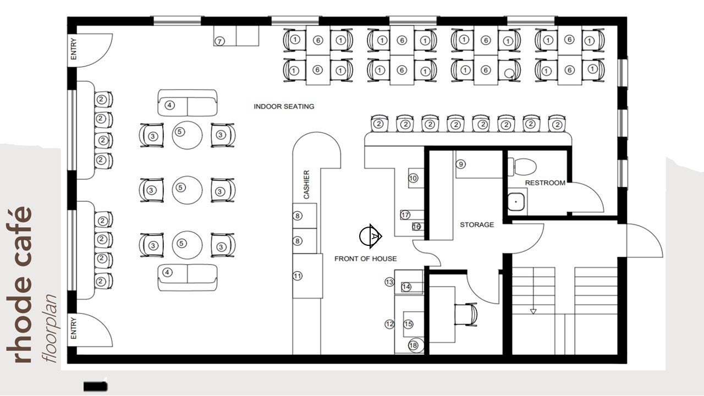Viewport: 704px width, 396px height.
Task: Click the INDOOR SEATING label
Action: coord(284,107)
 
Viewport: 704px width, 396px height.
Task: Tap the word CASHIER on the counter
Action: coord(306,184)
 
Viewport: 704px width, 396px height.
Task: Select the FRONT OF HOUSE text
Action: coord(366,258)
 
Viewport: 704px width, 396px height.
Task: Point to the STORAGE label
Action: coord(477,225)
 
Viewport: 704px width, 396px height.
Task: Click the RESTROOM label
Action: coord(545,183)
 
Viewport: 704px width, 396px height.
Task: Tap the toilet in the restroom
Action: coord(522,167)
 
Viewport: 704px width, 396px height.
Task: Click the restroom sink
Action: coord(516,202)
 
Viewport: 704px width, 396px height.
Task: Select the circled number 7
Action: coord(219,41)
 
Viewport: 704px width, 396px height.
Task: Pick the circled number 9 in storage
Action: coord(461,164)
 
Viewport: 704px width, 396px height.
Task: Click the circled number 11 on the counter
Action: coord(298,276)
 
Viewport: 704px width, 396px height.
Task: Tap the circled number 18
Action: coord(413,345)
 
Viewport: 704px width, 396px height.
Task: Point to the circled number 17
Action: coord(405,215)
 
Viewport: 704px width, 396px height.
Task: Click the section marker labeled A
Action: coord(371,236)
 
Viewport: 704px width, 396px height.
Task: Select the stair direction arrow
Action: coord(533,311)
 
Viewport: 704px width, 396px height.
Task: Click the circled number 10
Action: coord(413,178)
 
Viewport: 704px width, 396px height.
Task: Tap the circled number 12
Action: coord(390,324)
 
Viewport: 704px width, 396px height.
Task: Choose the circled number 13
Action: coord(389,282)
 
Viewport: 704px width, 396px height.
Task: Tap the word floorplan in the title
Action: coord(50,328)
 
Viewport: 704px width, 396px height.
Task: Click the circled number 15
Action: coord(408,324)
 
